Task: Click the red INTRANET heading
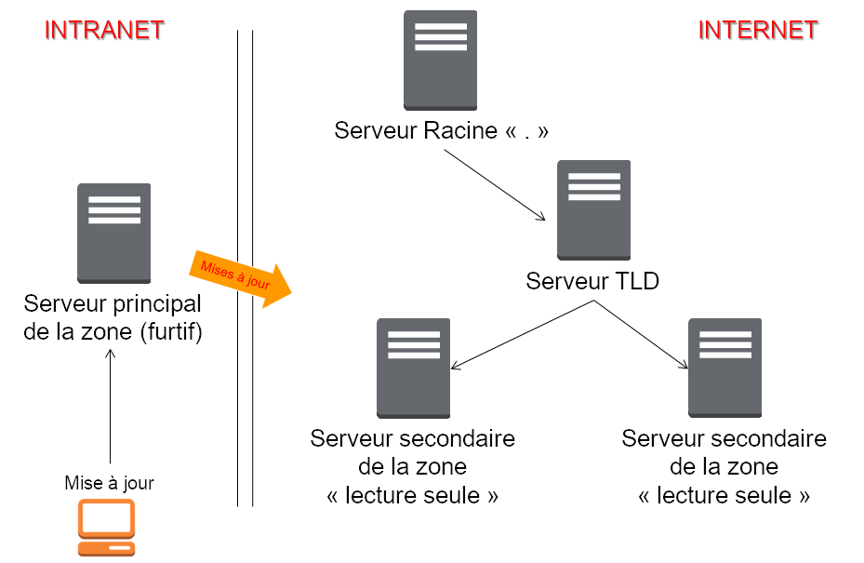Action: coord(104,30)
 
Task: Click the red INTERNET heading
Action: coord(758,30)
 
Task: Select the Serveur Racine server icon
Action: coord(440,60)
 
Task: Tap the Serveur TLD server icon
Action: coord(593,210)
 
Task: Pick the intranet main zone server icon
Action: coord(113,233)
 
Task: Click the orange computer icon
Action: coord(106,528)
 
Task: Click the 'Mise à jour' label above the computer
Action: coord(109,483)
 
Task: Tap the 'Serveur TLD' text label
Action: coord(592,281)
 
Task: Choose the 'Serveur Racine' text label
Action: coord(416,131)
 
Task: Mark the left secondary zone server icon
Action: coord(413,368)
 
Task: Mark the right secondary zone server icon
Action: coord(724,368)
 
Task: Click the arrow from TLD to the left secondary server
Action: coord(522,335)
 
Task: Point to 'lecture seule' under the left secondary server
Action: coord(413,495)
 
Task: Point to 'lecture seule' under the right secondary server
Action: coord(724,495)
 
